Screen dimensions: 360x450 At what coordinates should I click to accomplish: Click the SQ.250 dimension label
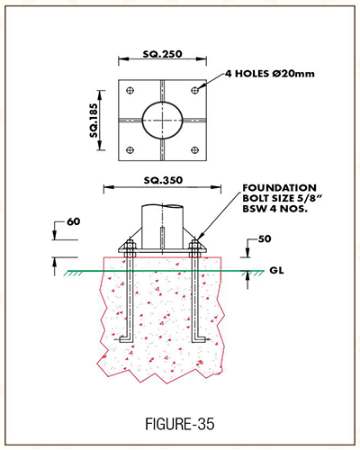coord(162,54)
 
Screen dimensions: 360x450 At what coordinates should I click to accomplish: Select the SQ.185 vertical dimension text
coord(94,121)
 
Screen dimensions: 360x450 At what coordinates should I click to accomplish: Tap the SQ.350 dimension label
coord(163,180)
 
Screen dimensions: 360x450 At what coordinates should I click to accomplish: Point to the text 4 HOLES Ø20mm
coord(270,74)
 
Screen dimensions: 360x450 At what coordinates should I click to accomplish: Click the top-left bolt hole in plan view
coord(130,90)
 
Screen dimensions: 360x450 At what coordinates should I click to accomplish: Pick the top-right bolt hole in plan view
coord(195,90)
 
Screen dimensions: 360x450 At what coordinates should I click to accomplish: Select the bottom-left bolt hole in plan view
coord(130,150)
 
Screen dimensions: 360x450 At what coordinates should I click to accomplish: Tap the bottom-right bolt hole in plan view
coord(195,150)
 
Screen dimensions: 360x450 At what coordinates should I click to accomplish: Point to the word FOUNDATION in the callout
coord(279,188)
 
